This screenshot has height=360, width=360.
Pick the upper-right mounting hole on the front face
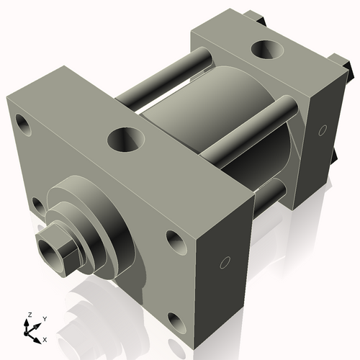coord(175,240)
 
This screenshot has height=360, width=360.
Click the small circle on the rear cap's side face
coord(321,130)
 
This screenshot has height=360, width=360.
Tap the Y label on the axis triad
coord(44,318)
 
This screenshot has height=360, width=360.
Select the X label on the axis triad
coord(45,338)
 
